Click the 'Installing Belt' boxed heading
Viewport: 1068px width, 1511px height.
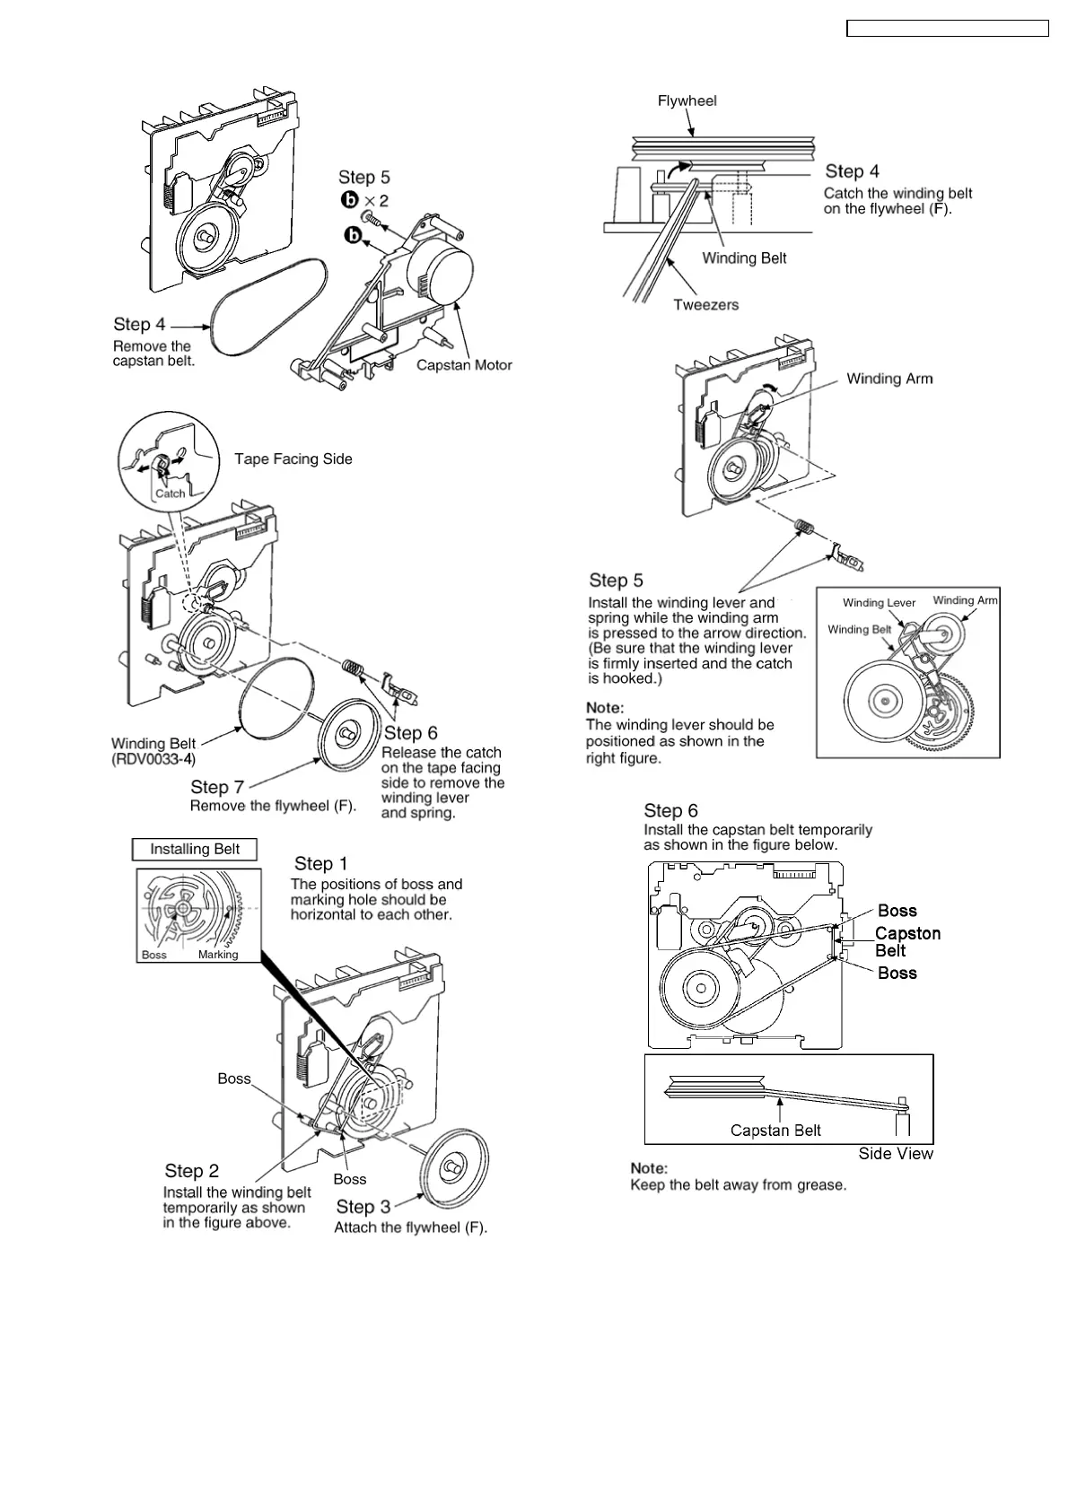tap(195, 849)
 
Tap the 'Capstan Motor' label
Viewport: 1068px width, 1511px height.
tap(464, 365)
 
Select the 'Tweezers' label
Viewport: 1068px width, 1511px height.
tap(706, 305)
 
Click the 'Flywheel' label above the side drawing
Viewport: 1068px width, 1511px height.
tap(687, 100)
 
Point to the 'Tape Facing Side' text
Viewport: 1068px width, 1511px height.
tap(293, 459)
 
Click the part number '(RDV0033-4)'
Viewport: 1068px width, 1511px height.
tap(153, 760)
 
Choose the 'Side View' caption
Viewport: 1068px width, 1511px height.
tap(896, 1154)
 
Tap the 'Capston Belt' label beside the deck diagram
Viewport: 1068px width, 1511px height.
tap(907, 942)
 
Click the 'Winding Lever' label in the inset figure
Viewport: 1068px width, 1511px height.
tap(879, 603)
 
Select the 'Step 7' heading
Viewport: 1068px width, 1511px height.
tap(217, 787)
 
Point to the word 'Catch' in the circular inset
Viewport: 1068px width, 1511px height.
tap(171, 493)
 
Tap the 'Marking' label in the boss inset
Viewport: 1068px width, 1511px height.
tap(218, 955)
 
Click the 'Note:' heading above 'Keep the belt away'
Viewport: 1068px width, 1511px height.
tap(649, 1168)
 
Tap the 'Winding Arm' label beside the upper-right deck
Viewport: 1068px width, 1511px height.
tap(889, 379)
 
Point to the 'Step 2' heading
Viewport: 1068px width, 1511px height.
tap(191, 1171)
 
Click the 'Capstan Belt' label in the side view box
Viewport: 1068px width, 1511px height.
tap(775, 1131)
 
